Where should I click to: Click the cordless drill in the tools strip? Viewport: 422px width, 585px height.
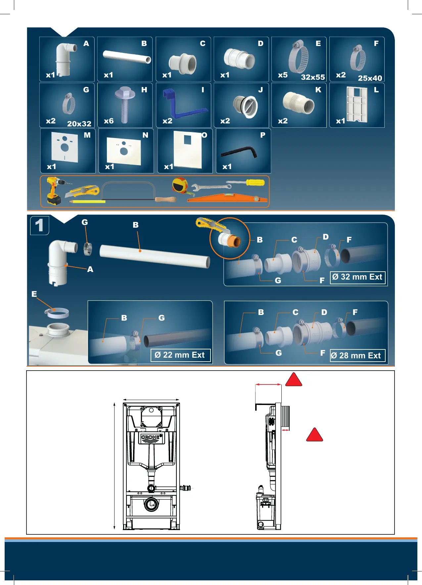55,191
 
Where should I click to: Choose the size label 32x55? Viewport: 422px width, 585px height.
313,77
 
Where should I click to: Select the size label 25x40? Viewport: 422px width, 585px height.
370,78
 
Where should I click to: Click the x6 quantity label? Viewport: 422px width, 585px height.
109,121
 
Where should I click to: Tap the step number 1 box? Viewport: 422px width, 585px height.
39,226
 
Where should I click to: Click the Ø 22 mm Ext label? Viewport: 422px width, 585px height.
180,355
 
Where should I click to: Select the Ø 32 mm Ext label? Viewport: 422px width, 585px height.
357,277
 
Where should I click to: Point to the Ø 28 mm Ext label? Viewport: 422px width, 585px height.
357,356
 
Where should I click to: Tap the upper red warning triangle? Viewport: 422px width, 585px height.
294,380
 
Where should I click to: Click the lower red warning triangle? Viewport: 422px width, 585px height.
314,435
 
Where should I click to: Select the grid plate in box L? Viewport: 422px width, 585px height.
357,104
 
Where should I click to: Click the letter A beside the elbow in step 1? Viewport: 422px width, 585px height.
90,269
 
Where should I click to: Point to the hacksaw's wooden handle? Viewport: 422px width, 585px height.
165,200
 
